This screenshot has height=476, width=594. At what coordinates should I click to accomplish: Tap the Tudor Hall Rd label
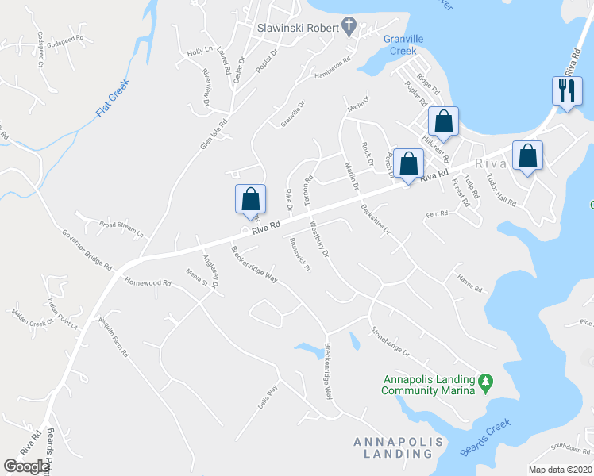(x=500, y=190)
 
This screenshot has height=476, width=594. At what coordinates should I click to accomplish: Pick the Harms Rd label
(x=469, y=283)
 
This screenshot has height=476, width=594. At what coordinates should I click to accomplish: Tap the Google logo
(x=26, y=466)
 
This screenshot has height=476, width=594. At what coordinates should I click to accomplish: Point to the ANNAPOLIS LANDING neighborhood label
(x=393, y=447)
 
